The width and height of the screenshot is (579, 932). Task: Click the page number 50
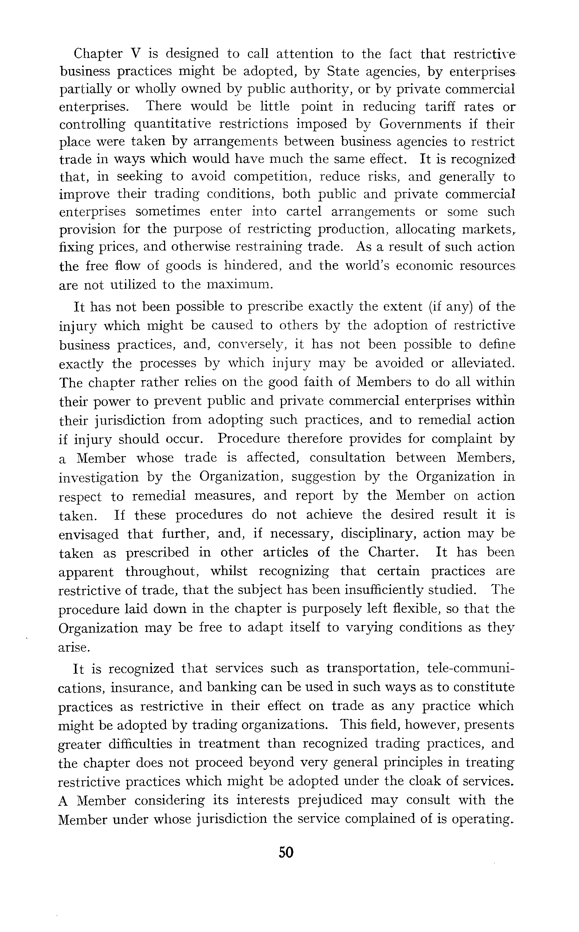[x=286, y=852]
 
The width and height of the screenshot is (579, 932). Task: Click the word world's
[x=366, y=266]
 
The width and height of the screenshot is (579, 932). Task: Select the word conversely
[x=250, y=345]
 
